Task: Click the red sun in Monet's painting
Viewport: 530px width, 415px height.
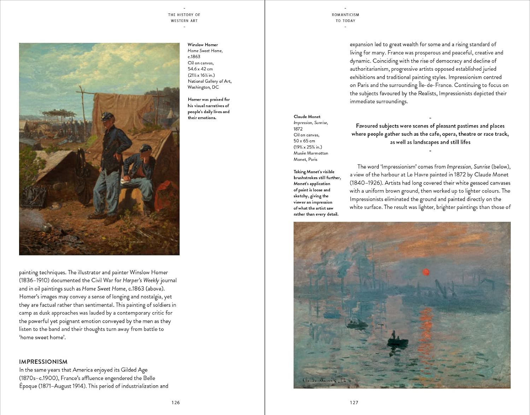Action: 426,272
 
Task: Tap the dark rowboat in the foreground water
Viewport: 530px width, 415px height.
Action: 397,341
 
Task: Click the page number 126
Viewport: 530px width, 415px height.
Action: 176,402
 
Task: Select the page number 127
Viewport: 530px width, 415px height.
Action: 354,402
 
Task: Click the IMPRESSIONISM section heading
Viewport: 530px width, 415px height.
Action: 43,362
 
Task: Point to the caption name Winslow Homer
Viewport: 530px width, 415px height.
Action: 203,45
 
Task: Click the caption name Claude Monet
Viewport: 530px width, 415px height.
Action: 307,116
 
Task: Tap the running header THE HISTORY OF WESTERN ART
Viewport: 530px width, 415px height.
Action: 184,18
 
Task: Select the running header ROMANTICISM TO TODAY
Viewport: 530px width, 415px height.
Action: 345,18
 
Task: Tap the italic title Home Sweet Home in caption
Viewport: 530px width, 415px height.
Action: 205,51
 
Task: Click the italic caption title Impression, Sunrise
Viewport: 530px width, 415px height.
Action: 311,123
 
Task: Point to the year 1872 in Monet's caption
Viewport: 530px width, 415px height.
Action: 298,129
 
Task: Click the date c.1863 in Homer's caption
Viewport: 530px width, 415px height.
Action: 194,57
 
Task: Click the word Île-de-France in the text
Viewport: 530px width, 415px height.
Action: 435,85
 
